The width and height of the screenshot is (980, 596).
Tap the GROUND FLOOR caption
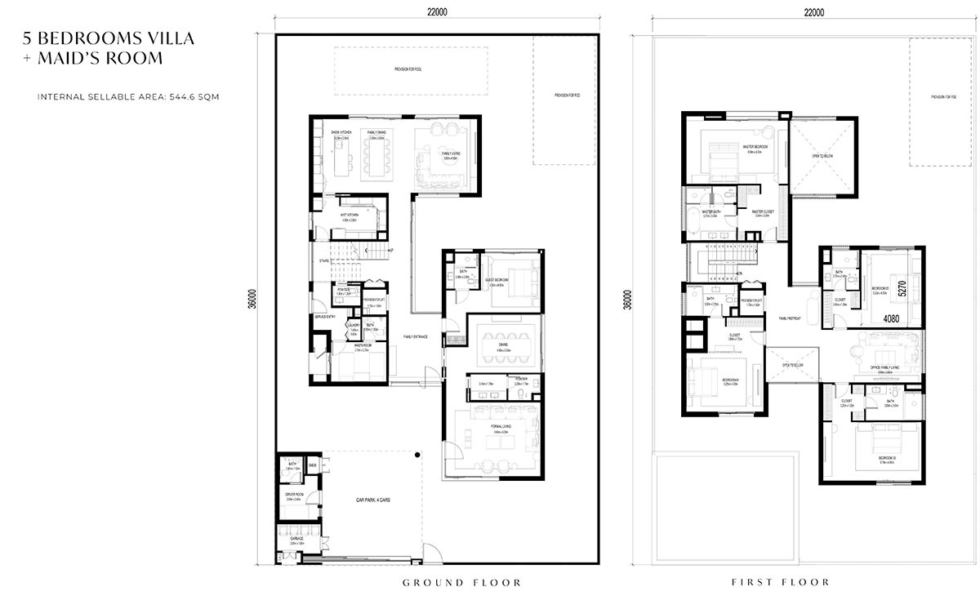click(461, 582)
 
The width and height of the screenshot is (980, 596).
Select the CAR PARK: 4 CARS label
click(373, 500)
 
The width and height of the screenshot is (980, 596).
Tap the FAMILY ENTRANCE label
click(416, 337)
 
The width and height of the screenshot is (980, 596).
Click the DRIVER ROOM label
click(294, 494)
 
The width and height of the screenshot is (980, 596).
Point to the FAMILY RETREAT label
click(791, 318)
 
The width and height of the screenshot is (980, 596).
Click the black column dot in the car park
click(416, 454)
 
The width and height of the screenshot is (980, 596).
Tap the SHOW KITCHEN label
click(341, 132)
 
